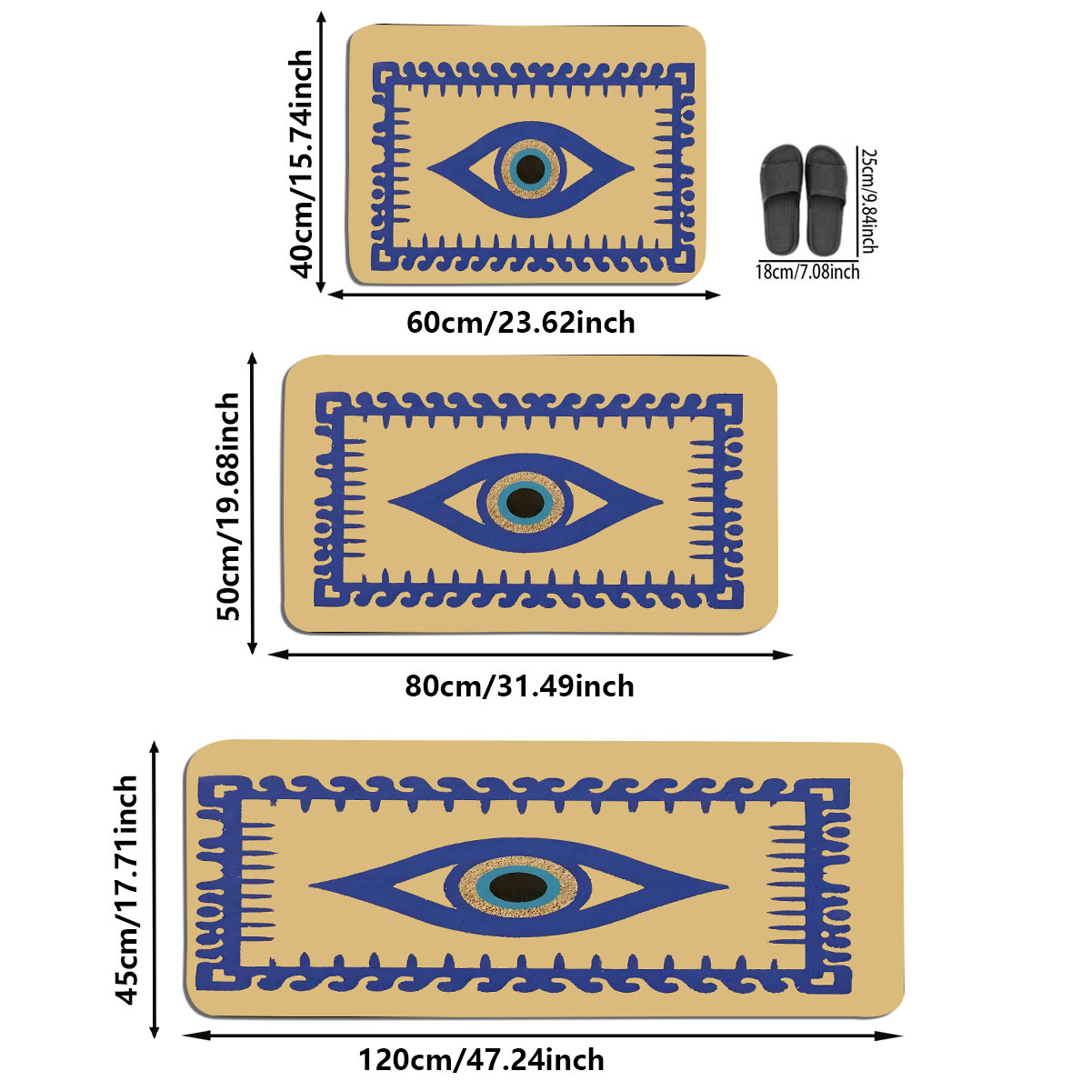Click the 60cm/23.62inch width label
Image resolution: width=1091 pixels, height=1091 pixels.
click(520, 323)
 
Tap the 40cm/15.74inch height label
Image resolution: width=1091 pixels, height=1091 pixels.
click(302, 164)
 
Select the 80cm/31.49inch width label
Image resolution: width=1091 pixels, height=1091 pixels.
click(519, 686)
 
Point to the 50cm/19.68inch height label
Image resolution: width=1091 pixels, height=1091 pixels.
click(230, 505)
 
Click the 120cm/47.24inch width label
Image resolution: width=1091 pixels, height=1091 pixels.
click(481, 1060)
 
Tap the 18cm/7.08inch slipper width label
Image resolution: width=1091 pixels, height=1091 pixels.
click(807, 271)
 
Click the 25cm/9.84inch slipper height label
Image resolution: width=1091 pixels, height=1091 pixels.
click(869, 201)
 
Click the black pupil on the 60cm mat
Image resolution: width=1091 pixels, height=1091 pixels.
click(529, 167)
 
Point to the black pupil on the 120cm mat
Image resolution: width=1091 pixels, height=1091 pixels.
click(516, 885)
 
